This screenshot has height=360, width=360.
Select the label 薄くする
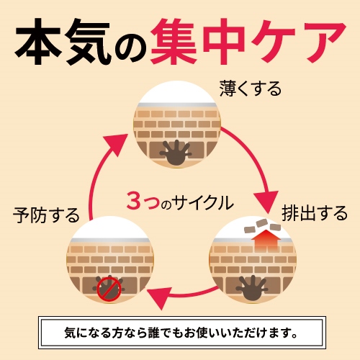coord(251,89)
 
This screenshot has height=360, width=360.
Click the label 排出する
coord(315,213)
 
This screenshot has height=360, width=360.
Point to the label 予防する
coord(46,215)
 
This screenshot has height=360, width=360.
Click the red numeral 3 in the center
coord(133,201)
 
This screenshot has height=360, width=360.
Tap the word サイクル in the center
coord(203,202)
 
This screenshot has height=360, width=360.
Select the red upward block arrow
coord(266,240)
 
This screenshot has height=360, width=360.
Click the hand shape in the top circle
coord(176,153)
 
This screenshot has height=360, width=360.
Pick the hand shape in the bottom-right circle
coord(251,287)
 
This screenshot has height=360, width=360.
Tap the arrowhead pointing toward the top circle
coord(117,145)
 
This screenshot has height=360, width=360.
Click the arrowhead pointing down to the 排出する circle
coord(266,201)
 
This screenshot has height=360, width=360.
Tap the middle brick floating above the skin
coord(262,223)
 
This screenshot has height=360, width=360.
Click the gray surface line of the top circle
coord(177,105)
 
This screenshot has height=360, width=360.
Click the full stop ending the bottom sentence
coord(294,336)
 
